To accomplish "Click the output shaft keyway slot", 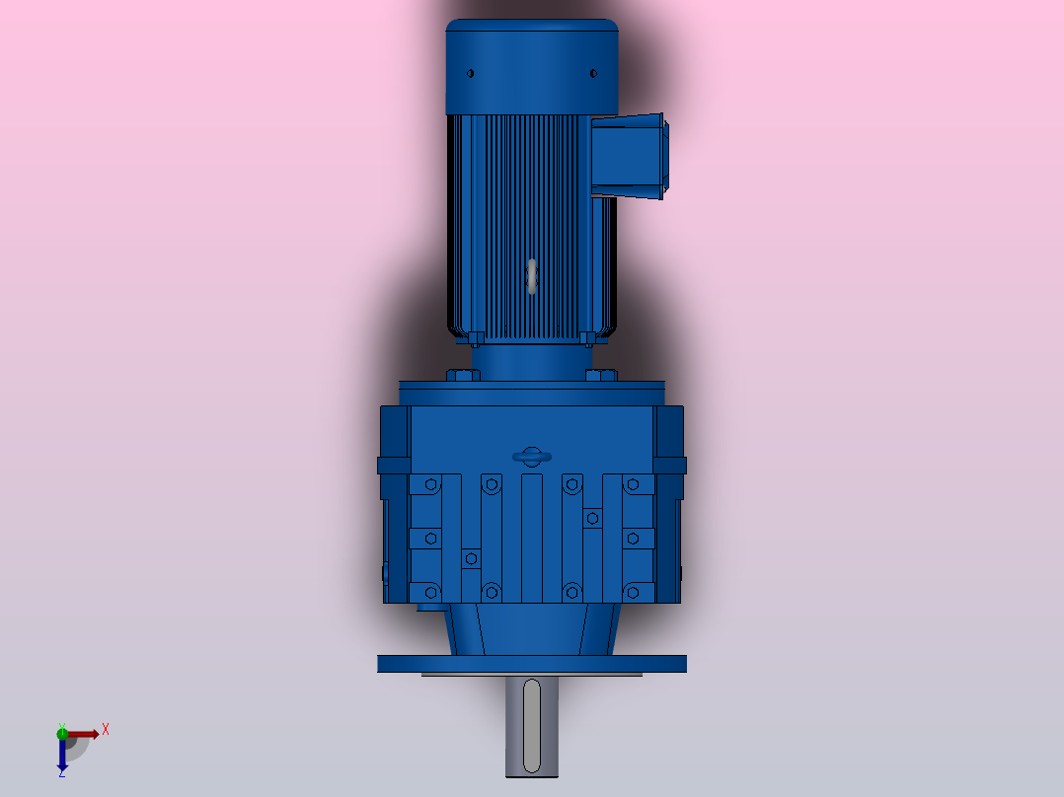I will click(x=532, y=725).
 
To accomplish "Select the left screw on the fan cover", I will click(x=470, y=73).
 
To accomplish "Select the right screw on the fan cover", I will click(x=593, y=73).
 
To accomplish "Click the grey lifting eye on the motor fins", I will click(x=532, y=276).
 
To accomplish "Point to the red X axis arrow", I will click(x=85, y=734).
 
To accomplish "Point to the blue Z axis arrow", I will click(x=61, y=756).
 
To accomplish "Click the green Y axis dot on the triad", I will click(x=62, y=732).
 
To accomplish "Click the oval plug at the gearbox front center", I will click(x=532, y=456).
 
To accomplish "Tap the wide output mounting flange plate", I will click(x=532, y=664).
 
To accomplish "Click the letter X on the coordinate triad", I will click(x=106, y=729).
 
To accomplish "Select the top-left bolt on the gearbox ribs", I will click(x=429, y=484).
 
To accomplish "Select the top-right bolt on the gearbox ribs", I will click(x=633, y=484).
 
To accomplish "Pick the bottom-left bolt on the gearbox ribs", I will click(x=429, y=591).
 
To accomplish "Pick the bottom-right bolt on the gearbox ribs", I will click(x=633, y=591).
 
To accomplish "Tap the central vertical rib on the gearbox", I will click(x=532, y=538).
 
